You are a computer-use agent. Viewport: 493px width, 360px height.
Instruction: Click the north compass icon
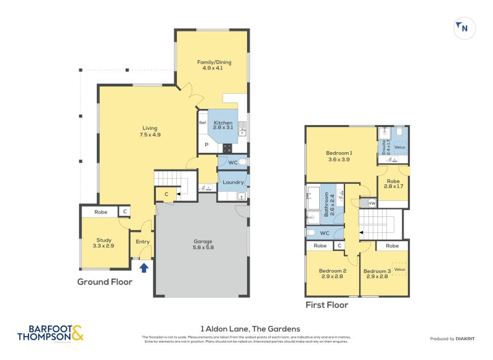click(463, 28)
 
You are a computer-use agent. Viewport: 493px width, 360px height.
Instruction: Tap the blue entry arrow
click(144, 267)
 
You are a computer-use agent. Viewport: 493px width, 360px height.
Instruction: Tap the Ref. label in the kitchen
click(202, 123)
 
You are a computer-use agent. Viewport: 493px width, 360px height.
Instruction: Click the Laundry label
click(234, 182)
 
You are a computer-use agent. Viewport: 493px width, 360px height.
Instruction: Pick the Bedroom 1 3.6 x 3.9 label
click(339, 156)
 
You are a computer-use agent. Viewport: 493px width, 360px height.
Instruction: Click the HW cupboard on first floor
click(372, 203)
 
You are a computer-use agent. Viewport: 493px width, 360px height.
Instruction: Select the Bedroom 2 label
click(333, 274)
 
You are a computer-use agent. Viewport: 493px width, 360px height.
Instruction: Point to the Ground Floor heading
click(105, 282)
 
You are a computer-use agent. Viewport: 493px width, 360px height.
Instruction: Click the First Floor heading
click(327, 305)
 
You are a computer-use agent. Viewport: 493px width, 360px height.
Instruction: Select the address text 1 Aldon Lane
click(250, 329)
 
